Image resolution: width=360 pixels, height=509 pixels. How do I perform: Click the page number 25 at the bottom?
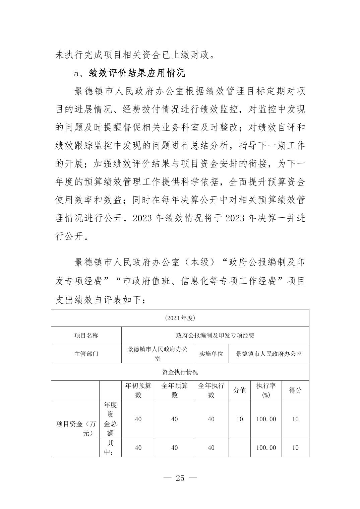[180, 478]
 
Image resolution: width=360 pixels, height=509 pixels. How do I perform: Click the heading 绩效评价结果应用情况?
[137, 73]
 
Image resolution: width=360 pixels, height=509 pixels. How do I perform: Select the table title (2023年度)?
[180, 318]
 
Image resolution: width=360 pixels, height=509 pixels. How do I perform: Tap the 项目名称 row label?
[86, 336]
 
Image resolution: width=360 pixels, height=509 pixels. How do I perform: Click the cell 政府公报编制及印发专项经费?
[215, 336]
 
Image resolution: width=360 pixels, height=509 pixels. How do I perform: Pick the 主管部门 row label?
[86, 354]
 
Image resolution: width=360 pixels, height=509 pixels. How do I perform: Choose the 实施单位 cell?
[211, 354]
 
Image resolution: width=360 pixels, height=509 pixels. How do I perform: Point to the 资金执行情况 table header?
[180, 372]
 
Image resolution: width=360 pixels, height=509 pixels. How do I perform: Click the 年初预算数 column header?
[138, 390]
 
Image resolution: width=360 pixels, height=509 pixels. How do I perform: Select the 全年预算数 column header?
[174, 390]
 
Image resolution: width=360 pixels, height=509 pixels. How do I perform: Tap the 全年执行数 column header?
[211, 390]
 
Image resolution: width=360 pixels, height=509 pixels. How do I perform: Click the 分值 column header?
[240, 390]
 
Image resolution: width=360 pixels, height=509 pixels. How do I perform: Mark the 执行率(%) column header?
[266, 390]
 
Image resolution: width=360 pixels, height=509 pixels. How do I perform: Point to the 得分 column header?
[295, 390]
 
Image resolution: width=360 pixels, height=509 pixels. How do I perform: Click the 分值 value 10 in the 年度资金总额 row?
[240, 419]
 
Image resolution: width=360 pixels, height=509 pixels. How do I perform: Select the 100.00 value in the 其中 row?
[266, 448]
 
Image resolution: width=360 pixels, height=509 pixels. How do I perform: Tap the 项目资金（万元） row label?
[75, 428]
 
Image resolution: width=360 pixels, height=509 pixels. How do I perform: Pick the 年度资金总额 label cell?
[110, 419]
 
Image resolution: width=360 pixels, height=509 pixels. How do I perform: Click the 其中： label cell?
[110, 448]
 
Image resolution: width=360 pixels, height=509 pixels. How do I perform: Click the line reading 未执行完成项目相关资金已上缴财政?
[135, 55]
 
